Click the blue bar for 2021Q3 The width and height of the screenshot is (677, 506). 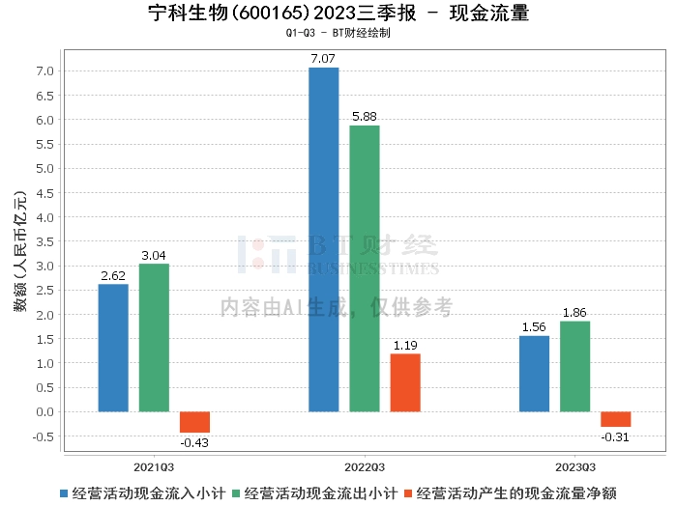(x=113, y=348)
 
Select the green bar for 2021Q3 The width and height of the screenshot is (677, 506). (x=154, y=338)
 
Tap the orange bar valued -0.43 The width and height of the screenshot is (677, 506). (x=194, y=422)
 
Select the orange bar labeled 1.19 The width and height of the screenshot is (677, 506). (x=405, y=382)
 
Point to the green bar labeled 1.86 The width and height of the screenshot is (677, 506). (x=574, y=366)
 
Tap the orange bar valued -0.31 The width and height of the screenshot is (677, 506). (x=615, y=419)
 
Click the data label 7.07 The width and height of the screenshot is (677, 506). (x=324, y=59)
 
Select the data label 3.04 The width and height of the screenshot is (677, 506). (x=154, y=255)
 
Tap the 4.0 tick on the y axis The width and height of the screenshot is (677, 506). (x=44, y=217)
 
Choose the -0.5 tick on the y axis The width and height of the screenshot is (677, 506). (x=43, y=436)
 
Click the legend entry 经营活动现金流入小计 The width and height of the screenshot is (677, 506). (x=149, y=492)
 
